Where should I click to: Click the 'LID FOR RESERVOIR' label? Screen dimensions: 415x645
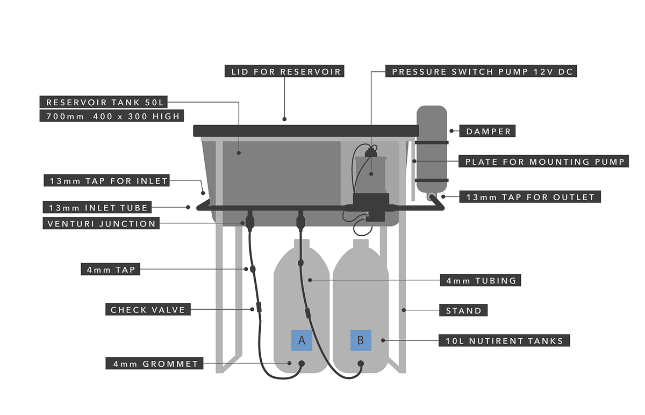[x=286, y=71]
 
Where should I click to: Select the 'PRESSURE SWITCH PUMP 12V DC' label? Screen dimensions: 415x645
[x=482, y=71]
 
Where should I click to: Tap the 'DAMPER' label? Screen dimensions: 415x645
[x=488, y=131]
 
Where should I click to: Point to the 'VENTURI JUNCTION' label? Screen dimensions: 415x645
[x=101, y=224]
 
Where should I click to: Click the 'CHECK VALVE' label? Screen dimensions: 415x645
[x=148, y=310]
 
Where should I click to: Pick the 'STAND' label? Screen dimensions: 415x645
[x=463, y=310]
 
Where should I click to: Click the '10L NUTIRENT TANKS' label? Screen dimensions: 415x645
[x=504, y=340]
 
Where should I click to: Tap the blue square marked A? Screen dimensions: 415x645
[x=302, y=340]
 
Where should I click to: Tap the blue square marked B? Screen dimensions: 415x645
[x=361, y=340]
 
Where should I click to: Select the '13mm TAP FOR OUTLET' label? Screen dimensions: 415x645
[x=529, y=197]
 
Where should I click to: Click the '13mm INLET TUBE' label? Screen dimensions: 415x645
[x=98, y=208]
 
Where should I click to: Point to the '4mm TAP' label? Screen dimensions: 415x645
[x=110, y=270]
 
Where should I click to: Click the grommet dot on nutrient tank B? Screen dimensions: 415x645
[x=361, y=364]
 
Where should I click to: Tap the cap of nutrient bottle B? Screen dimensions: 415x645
[x=361, y=244]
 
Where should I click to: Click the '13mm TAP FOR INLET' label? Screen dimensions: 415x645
[x=107, y=181]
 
